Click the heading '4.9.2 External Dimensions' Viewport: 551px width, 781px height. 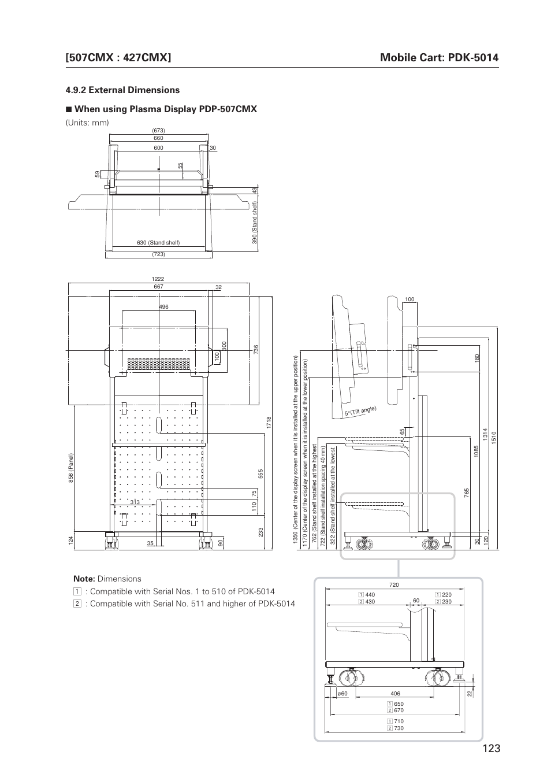click(x=122, y=90)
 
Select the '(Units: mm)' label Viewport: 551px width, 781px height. click(x=87, y=123)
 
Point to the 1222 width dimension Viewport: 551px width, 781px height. click(x=158, y=279)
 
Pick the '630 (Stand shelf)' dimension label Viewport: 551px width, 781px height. click(x=158, y=243)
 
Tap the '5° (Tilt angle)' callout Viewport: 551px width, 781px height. click(x=360, y=412)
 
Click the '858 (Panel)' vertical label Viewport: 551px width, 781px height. click(x=71, y=468)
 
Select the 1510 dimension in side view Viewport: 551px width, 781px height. click(x=494, y=437)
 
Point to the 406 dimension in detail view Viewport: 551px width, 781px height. click(x=395, y=694)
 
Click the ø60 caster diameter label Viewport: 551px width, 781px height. click(x=342, y=694)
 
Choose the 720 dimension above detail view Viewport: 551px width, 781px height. click(x=394, y=585)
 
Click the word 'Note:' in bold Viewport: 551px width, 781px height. click(x=84, y=579)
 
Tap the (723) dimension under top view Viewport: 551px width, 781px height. click(x=158, y=254)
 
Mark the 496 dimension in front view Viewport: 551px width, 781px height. click(x=164, y=307)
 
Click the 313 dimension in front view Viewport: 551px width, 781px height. click(x=135, y=502)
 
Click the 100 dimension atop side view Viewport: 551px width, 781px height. click(x=409, y=299)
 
